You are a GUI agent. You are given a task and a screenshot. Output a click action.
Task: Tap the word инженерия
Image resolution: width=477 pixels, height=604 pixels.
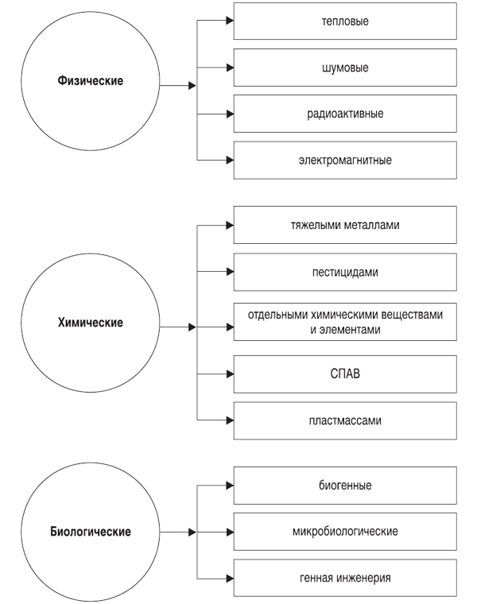click(363, 578)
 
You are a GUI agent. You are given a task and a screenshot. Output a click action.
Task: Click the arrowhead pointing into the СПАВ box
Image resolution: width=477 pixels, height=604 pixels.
click(230, 374)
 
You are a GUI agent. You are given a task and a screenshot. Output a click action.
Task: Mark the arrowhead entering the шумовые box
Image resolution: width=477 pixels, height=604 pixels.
click(230, 68)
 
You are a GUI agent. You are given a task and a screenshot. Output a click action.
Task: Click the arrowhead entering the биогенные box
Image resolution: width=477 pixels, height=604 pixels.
click(230, 486)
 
